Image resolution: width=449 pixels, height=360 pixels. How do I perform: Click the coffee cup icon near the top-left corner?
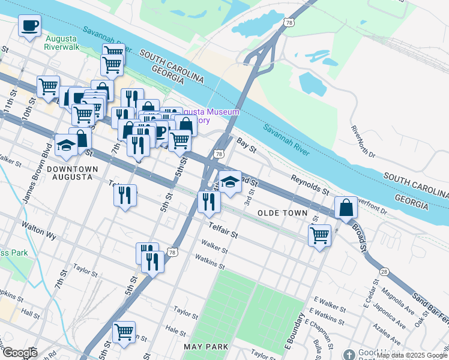29,26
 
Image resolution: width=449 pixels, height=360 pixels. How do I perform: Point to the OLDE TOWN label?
282,214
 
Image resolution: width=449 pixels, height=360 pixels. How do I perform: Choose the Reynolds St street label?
310,184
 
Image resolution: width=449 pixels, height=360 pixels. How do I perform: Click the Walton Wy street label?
38,230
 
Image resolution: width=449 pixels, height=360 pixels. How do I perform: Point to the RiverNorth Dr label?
364,141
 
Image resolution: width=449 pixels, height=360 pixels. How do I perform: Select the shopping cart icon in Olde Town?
319,235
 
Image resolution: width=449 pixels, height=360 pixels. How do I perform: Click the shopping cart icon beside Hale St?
124,331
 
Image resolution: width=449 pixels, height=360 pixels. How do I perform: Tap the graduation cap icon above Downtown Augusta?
66,144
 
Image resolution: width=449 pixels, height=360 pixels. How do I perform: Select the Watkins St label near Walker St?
209,262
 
